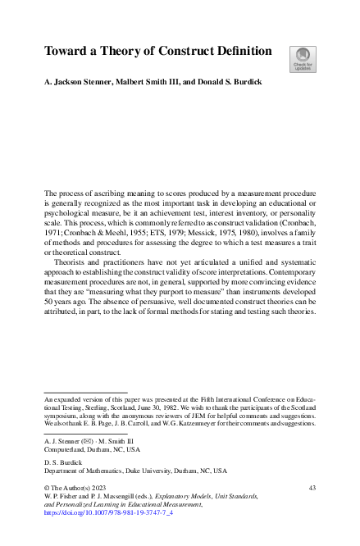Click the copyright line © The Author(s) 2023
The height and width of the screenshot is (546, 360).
[x=77, y=488]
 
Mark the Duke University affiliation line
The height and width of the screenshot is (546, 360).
[x=135, y=471]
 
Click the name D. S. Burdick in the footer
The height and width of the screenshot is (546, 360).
[x=63, y=462]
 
